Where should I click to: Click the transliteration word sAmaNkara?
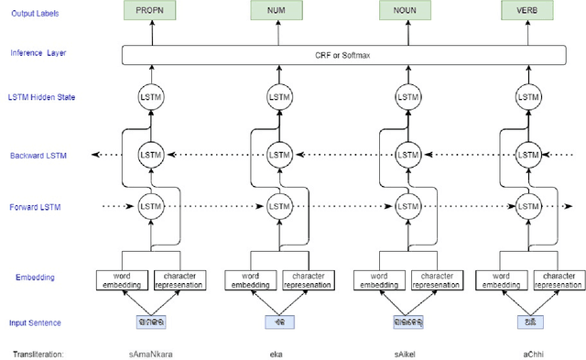[x=150, y=353]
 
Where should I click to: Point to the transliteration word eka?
[x=277, y=353]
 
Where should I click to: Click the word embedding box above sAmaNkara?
[x=122, y=278]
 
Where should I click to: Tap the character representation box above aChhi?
[x=559, y=278]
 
